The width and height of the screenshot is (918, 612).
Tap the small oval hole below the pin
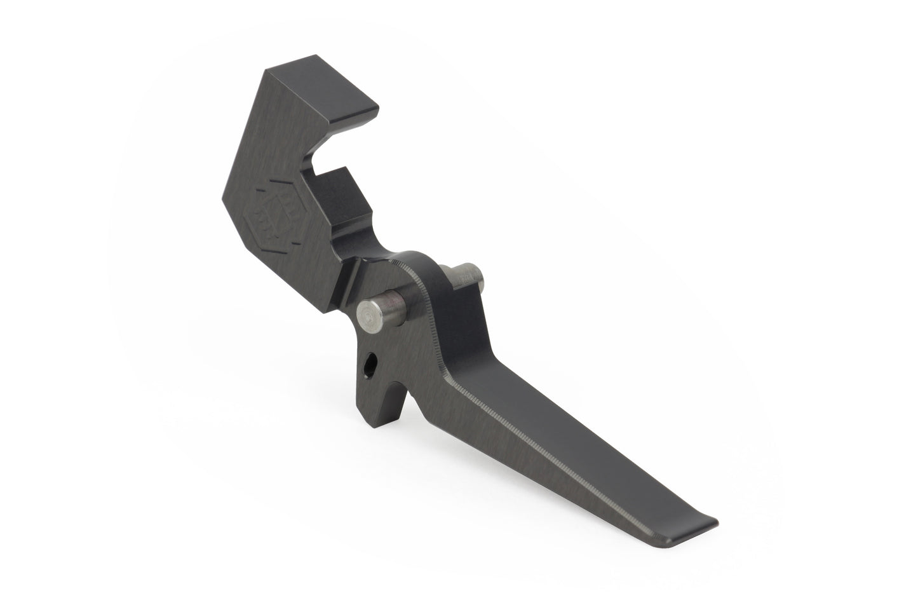click(370, 364)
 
